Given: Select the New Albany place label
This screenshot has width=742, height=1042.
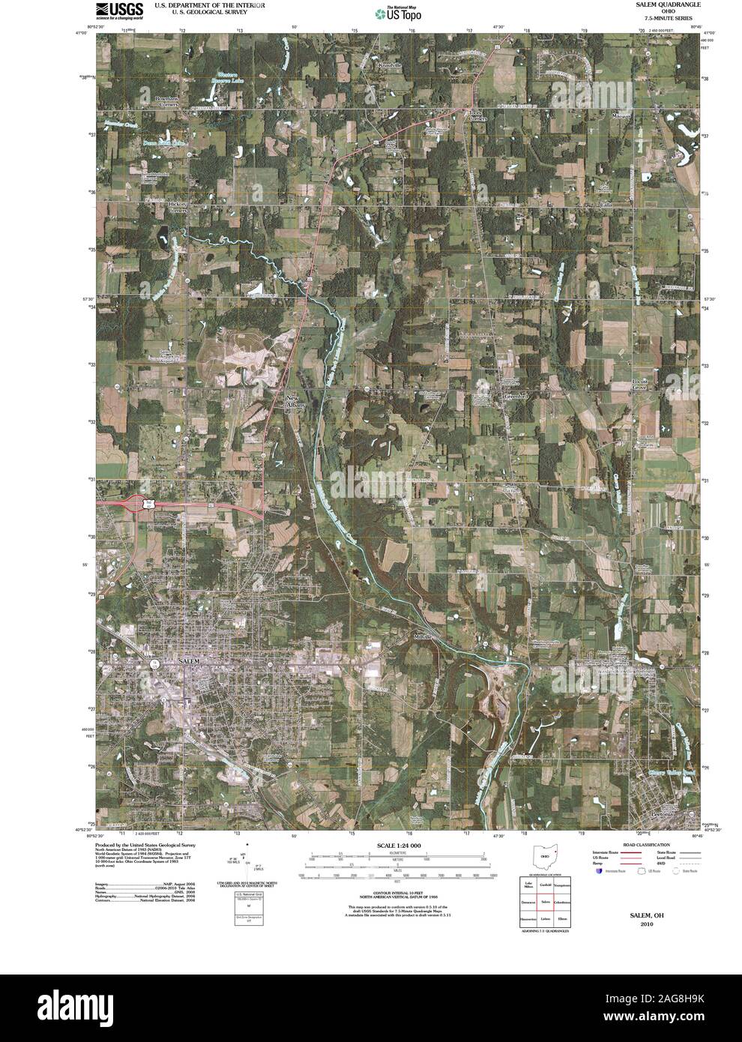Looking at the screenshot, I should pos(293,401).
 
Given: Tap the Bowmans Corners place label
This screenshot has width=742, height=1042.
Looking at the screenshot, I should pos(166,102).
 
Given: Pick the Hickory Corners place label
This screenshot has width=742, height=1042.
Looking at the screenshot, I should pos(177,207).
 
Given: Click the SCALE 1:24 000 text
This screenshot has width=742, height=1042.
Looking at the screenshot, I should pos(393,846).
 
